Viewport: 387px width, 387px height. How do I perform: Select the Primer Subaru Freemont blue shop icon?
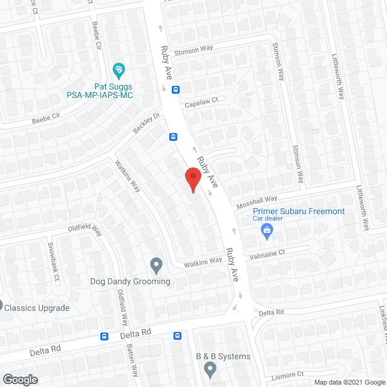266,230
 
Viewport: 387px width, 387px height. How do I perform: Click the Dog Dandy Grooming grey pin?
156,265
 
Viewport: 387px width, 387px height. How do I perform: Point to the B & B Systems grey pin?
210,368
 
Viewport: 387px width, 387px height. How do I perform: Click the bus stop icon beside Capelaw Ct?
175,90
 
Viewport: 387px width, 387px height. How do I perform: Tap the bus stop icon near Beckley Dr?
173,137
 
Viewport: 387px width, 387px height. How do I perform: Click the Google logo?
19,379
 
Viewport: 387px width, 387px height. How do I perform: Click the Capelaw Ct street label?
205,101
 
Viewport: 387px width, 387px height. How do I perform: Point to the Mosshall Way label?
256,200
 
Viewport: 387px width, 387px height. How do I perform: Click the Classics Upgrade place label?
37,308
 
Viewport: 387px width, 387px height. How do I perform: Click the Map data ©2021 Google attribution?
348,382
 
